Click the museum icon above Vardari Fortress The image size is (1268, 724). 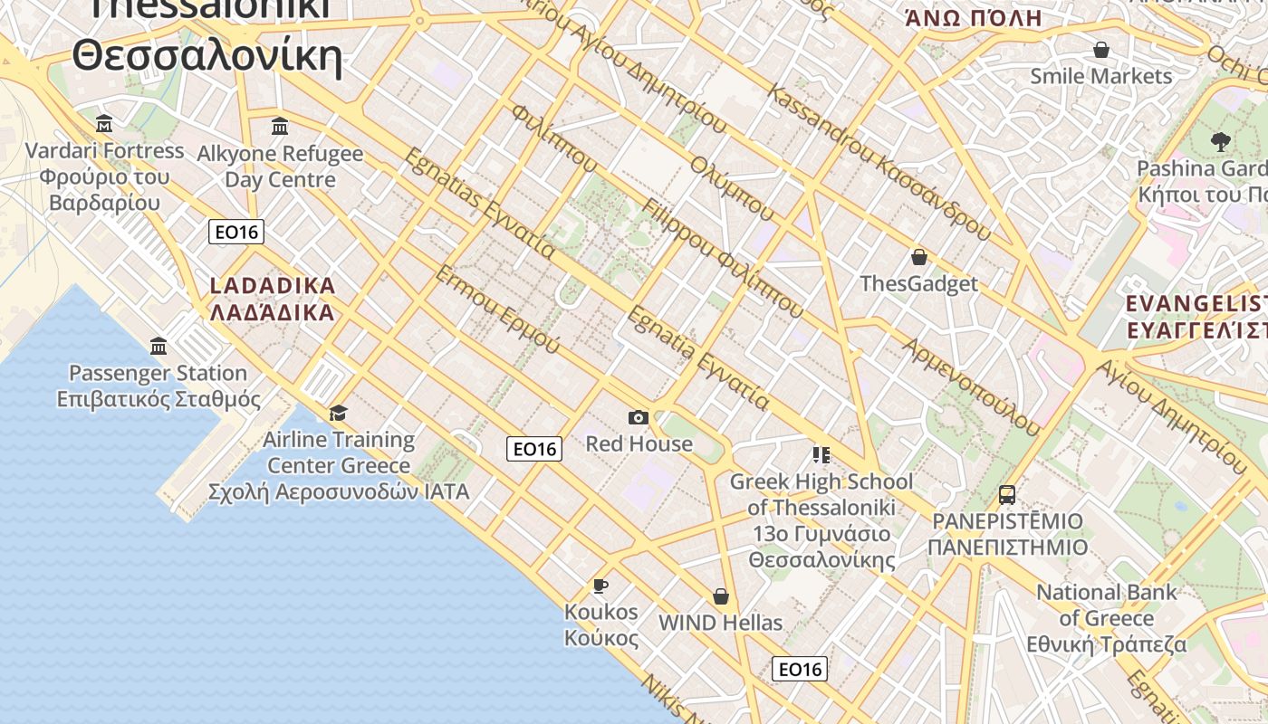(104, 123)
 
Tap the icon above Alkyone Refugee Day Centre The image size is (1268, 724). (280, 126)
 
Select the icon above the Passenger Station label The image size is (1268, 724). (159, 346)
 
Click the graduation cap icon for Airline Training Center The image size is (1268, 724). (338, 414)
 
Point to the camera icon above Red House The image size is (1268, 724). (639, 417)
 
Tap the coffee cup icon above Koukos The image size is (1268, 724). (600, 586)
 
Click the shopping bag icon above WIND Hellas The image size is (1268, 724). (721, 596)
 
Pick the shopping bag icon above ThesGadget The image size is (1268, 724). (919, 257)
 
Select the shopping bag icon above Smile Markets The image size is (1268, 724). (1101, 50)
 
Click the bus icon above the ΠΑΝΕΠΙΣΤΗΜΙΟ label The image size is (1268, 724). (1007, 494)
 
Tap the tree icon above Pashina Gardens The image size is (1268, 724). (1220, 141)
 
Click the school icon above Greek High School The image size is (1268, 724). (821, 454)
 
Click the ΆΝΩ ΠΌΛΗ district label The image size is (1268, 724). (974, 18)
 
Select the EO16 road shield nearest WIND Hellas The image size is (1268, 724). (800, 669)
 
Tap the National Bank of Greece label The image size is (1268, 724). (1107, 618)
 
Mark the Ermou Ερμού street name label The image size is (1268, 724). (497, 309)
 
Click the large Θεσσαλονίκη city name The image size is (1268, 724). (207, 56)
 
